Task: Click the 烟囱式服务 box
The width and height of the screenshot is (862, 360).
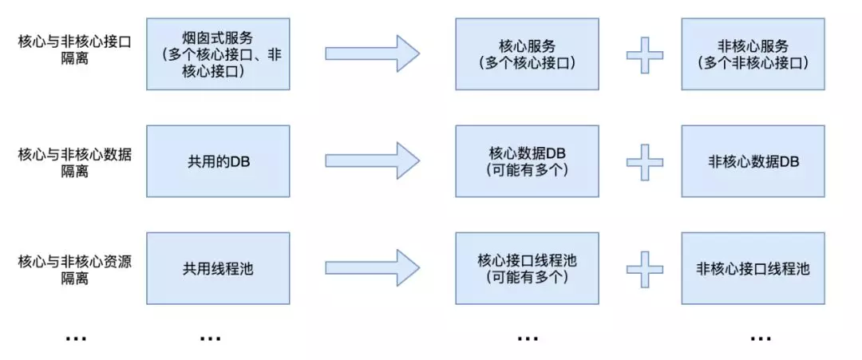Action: (218, 53)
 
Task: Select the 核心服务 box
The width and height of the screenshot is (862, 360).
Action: (528, 53)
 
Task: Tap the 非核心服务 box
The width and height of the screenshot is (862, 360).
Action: (753, 53)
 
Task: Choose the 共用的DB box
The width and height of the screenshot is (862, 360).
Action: (218, 161)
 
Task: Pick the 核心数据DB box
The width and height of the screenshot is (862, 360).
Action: (528, 161)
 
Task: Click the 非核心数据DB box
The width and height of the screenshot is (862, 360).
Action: (753, 161)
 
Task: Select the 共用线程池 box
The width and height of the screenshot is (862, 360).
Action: (218, 268)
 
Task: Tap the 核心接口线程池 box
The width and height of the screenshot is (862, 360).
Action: (528, 268)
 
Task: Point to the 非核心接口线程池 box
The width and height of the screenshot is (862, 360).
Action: (753, 268)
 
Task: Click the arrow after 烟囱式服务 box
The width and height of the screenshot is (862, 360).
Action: (372, 53)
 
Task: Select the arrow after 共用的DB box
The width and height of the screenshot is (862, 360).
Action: (372, 161)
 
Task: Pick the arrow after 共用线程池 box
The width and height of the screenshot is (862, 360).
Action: (372, 268)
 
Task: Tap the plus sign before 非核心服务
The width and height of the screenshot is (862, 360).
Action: (645, 54)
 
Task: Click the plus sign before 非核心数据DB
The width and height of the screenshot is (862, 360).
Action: (645, 161)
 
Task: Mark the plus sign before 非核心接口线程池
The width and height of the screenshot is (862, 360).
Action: (645, 269)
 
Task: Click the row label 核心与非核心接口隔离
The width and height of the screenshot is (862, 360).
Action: (75, 50)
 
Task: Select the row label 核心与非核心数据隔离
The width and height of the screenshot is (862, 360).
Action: (75, 162)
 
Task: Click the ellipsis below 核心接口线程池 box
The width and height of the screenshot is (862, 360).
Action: (528, 338)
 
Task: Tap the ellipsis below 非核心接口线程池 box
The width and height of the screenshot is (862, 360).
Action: (761, 338)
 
